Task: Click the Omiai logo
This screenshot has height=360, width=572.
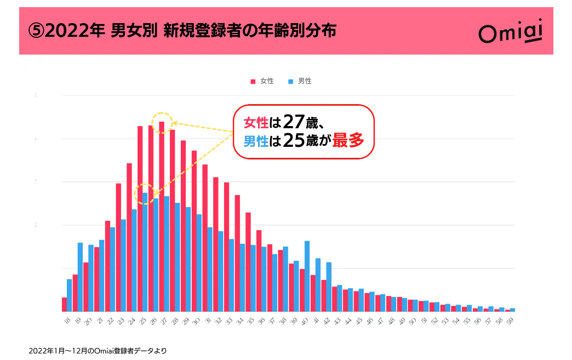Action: [510, 32]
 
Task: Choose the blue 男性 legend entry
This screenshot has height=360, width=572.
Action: [300, 81]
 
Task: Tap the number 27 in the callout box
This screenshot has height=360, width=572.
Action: [294, 121]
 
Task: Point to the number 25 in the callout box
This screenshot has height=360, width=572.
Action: [294, 141]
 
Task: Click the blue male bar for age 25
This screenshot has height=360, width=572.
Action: [145, 252]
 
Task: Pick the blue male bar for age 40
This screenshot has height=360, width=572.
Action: [307, 276]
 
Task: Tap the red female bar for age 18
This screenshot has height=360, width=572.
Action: [64, 304]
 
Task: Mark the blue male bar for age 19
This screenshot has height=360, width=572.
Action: [80, 277]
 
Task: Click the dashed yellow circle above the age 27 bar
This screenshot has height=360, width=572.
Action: [162, 122]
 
